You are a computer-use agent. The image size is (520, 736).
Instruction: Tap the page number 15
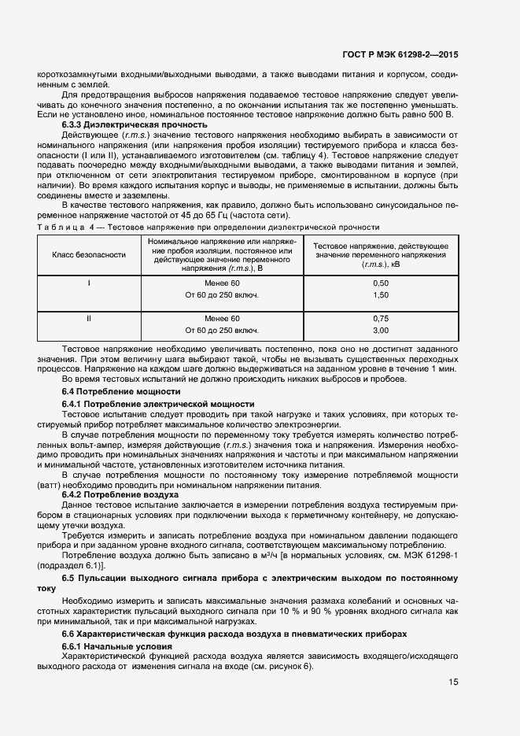pyautogui.click(x=453, y=682)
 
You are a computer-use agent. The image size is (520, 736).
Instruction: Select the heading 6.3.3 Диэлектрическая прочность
pyautogui.click(x=135, y=124)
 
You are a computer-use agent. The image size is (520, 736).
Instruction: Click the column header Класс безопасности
pyautogui.click(x=89, y=255)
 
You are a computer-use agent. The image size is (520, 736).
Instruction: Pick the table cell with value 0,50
pyautogui.click(x=381, y=283)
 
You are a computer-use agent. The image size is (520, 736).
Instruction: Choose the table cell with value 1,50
pyautogui.click(x=381, y=294)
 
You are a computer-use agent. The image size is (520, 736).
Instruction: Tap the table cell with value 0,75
pyautogui.click(x=381, y=318)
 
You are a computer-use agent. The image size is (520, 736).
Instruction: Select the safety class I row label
pyautogui.click(x=89, y=283)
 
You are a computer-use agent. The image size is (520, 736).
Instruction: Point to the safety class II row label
pyautogui.click(x=89, y=318)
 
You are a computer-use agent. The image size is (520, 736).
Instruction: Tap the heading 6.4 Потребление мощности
pyautogui.click(x=121, y=391)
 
